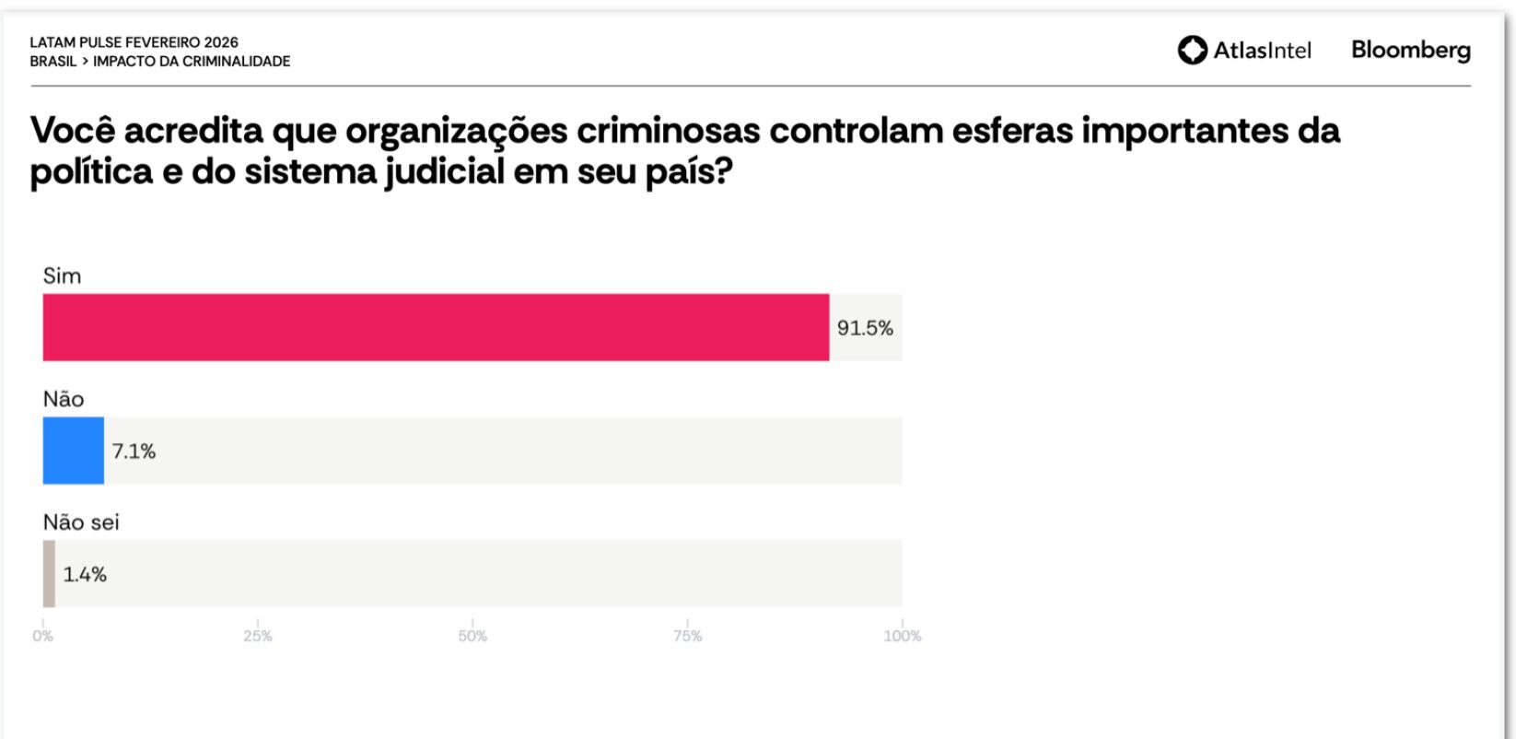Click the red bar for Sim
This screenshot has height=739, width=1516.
pos(436,327)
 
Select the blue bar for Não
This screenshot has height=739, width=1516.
pos(73,451)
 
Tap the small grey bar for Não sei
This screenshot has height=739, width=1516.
pos(49,573)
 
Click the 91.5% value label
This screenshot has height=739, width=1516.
pos(865,328)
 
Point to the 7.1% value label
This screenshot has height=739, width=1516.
pos(134,452)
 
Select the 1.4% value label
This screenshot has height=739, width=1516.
pos(85,574)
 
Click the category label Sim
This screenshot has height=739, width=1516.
pos(62,276)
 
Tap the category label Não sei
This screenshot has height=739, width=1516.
pos(81,522)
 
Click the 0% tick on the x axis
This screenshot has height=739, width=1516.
pos(43,636)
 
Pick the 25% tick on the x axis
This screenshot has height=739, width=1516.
pos(258,636)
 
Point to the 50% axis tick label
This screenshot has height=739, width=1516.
pos(472,636)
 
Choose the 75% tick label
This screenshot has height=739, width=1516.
pos(687,636)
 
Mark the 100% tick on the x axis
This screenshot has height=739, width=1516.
pos(902,636)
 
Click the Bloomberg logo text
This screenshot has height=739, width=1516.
pos(1410,50)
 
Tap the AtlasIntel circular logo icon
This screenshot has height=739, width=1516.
pos(1193,50)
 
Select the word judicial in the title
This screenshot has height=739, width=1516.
pos(444,172)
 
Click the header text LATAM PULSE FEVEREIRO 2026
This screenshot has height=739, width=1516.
pos(134,42)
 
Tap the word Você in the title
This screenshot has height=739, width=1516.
pos(73,131)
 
